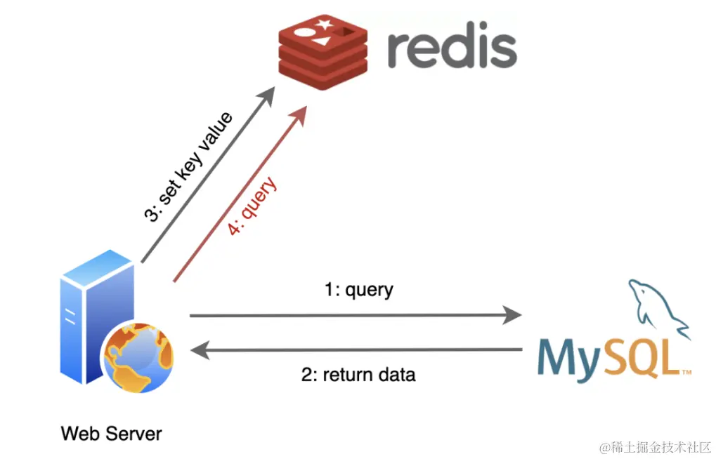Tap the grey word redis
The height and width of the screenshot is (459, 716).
point(452,47)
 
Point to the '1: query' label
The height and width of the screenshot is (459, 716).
point(358,289)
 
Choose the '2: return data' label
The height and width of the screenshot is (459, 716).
point(358,375)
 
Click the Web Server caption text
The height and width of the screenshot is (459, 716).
point(111,433)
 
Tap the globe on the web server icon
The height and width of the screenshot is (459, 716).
point(138,359)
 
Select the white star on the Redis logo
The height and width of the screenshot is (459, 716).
point(325,25)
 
